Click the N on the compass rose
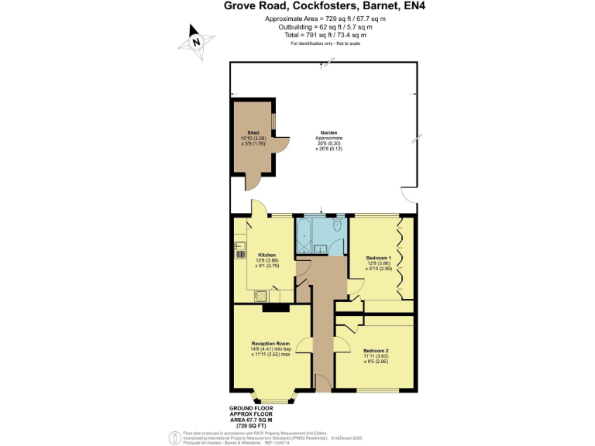(x=197, y=41)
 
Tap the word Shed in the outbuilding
(x=253, y=133)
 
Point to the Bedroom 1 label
(x=379, y=257)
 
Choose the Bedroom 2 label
(x=376, y=351)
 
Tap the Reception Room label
(x=270, y=344)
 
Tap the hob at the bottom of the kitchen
(x=262, y=296)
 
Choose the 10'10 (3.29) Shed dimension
(x=253, y=139)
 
